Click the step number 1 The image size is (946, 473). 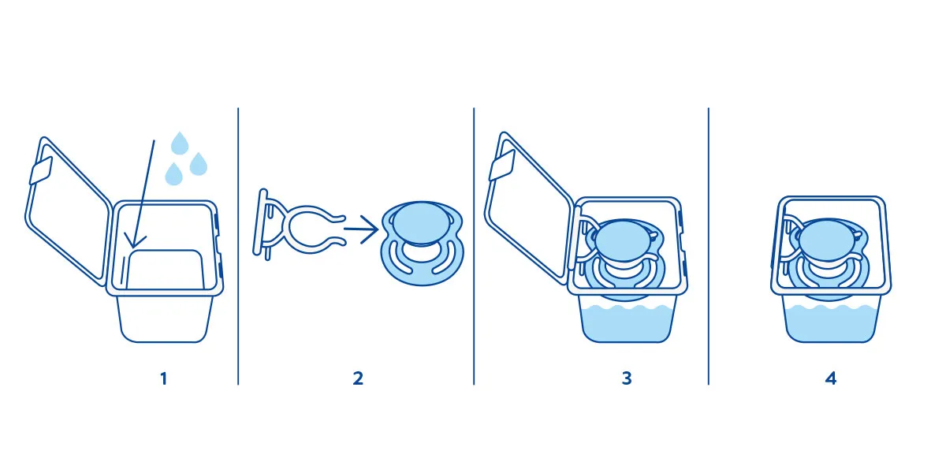[164, 378]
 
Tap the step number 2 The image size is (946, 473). [358, 378]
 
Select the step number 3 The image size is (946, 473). [627, 378]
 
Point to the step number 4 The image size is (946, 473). [831, 378]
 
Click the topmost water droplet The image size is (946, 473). [180, 143]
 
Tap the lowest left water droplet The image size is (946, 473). [173, 174]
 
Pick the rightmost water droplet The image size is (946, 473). [199, 164]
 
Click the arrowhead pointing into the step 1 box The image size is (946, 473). [134, 240]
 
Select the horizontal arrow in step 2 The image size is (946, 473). [361, 229]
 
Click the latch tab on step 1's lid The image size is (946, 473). [41, 170]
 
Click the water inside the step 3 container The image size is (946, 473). [628, 323]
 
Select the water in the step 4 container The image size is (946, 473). [832, 323]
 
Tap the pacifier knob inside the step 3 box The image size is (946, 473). [624, 240]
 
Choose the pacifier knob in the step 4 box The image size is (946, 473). [827, 239]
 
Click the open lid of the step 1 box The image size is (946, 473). [68, 211]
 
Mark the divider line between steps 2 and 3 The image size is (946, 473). [474, 246]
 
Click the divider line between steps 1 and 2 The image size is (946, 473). [238, 246]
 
